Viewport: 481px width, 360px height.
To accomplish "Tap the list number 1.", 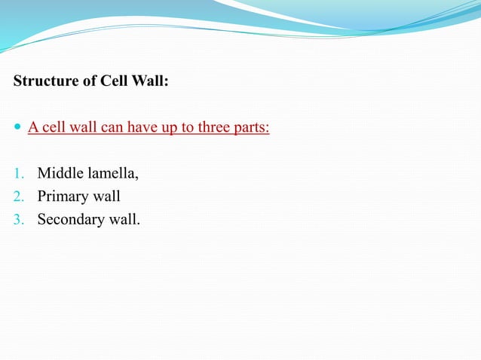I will click(18, 175).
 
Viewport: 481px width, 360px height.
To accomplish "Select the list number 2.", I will click(18, 198).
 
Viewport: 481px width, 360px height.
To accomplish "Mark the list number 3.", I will click(18, 221).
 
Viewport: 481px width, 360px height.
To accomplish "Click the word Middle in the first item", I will click(59, 175).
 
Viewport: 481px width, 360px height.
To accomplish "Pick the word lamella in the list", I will click(111, 175).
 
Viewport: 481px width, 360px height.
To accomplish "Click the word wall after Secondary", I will click(123, 221).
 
